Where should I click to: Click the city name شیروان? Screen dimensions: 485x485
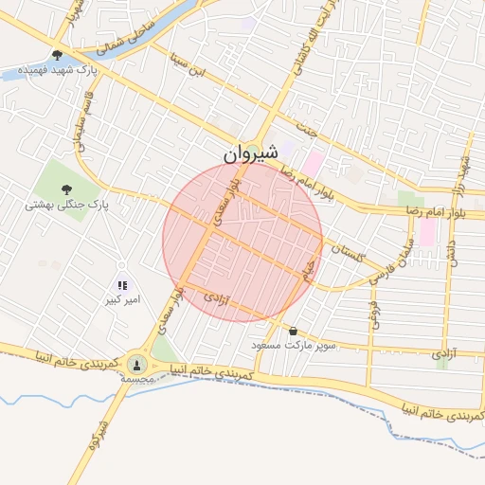click(x=253, y=153)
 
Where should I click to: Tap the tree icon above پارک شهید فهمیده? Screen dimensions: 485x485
click(x=58, y=56)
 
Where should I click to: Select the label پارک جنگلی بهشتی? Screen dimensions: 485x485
click(x=67, y=204)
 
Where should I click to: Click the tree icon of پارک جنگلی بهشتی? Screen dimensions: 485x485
click(x=67, y=188)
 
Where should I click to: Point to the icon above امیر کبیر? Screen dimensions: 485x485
click(x=122, y=284)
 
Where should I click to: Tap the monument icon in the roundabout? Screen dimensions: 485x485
click(x=137, y=363)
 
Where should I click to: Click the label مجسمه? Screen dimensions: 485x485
click(x=137, y=378)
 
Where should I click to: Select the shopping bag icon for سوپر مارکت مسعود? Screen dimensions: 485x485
click(x=293, y=332)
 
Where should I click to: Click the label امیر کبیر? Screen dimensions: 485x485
click(x=124, y=300)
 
